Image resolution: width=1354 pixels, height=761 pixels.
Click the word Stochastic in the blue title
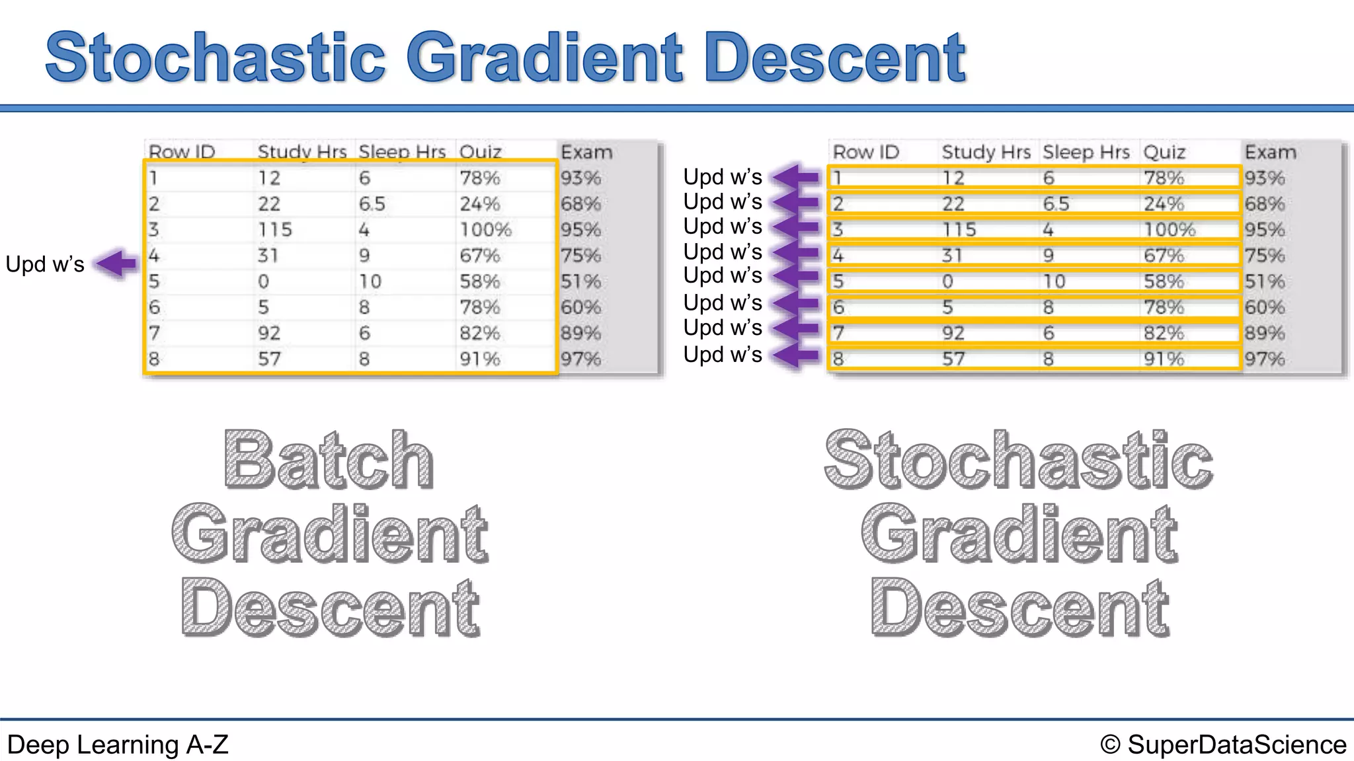tap(215, 58)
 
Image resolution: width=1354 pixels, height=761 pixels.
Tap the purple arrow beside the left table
tap(118, 264)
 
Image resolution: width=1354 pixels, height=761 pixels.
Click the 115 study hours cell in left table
tap(274, 230)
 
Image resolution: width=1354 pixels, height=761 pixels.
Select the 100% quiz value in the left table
tap(485, 230)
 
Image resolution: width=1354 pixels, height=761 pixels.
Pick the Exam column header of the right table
tap(1270, 153)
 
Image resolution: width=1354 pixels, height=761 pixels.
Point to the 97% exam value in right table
tap(1264, 359)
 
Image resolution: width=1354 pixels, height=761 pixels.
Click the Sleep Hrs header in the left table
tap(402, 152)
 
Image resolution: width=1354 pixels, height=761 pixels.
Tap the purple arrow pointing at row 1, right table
tap(796, 177)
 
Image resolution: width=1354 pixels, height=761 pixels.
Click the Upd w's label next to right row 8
tap(722, 355)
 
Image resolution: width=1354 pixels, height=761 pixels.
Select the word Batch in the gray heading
tap(329, 460)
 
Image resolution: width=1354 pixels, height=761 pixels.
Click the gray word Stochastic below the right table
tap(1018, 460)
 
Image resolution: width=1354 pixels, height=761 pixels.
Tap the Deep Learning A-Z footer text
tap(118, 744)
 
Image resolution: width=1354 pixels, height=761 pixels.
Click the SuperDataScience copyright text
tap(1223, 744)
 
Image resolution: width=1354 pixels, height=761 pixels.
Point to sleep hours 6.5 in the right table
tap(1056, 203)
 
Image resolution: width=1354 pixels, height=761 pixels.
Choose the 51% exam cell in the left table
tap(580, 281)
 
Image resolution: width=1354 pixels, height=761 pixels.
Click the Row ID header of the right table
tap(865, 153)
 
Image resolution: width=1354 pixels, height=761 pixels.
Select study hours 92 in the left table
tap(269, 333)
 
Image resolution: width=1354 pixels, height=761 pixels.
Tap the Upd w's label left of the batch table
tap(45, 264)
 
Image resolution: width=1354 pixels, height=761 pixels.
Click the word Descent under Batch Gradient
tap(329, 608)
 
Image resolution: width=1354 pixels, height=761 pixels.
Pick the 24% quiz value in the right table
tap(1164, 203)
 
